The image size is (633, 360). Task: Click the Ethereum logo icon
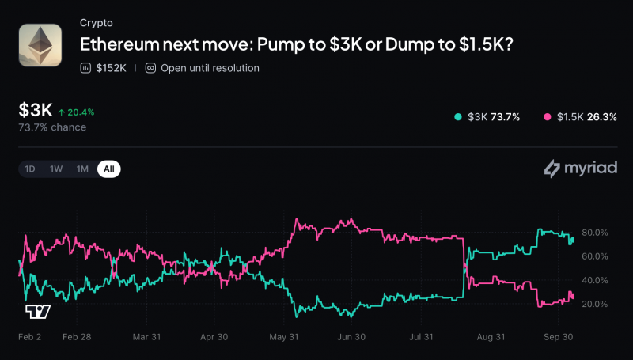click(x=40, y=45)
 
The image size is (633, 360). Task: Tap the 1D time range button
click(x=30, y=169)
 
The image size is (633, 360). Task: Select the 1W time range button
click(x=56, y=169)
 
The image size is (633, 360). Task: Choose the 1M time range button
click(x=82, y=169)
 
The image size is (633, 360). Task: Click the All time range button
click(x=109, y=169)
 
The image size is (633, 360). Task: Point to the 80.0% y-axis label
click(x=595, y=233)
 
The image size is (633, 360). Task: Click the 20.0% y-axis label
click(x=595, y=304)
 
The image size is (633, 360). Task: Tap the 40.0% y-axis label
click(x=595, y=280)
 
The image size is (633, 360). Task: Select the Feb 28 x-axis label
click(x=77, y=337)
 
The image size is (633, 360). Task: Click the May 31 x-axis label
click(x=284, y=337)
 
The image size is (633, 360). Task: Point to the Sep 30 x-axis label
click(x=559, y=337)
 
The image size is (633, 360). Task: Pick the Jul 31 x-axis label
click(x=421, y=337)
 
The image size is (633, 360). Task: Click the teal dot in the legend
click(x=458, y=117)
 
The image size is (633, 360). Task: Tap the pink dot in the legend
click(x=547, y=117)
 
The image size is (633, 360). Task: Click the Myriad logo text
click(x=591, y=168)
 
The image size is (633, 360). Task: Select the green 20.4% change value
click(x=81, y=112)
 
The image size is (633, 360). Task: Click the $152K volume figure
click(x=111, y=68)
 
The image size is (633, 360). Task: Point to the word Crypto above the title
click(x=96, y=23)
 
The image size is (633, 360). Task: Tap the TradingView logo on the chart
click(x=38, y=312)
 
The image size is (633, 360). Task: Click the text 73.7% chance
click(x=52, y=127)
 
